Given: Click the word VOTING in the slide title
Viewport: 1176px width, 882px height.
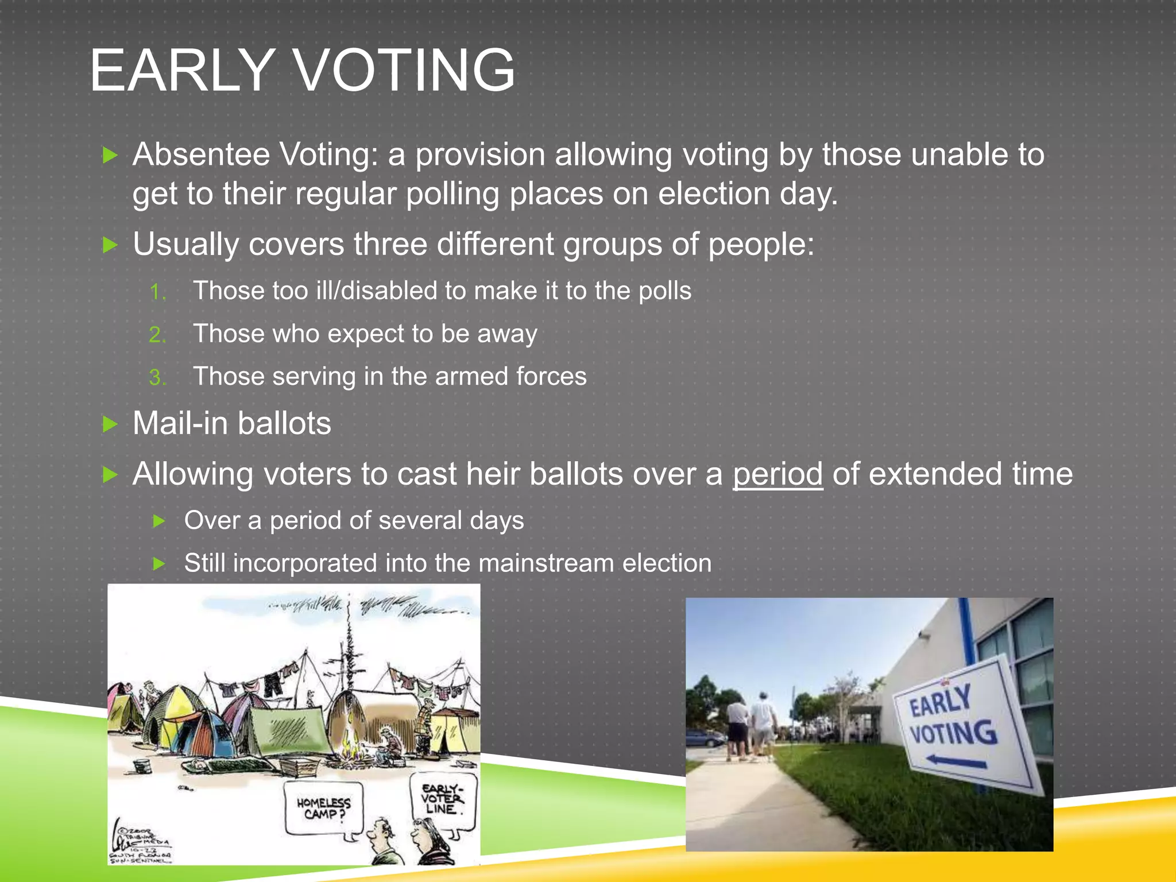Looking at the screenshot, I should (404, 71).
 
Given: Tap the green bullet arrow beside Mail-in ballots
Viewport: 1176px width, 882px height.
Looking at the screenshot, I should (110, 424).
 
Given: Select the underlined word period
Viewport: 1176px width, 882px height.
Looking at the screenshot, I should (777, 475).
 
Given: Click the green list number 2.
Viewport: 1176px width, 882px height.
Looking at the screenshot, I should (156, 335).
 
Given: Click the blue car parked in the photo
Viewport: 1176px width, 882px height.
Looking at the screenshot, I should (705, 738).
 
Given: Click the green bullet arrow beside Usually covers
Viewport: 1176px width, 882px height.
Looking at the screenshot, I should (110, 246).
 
